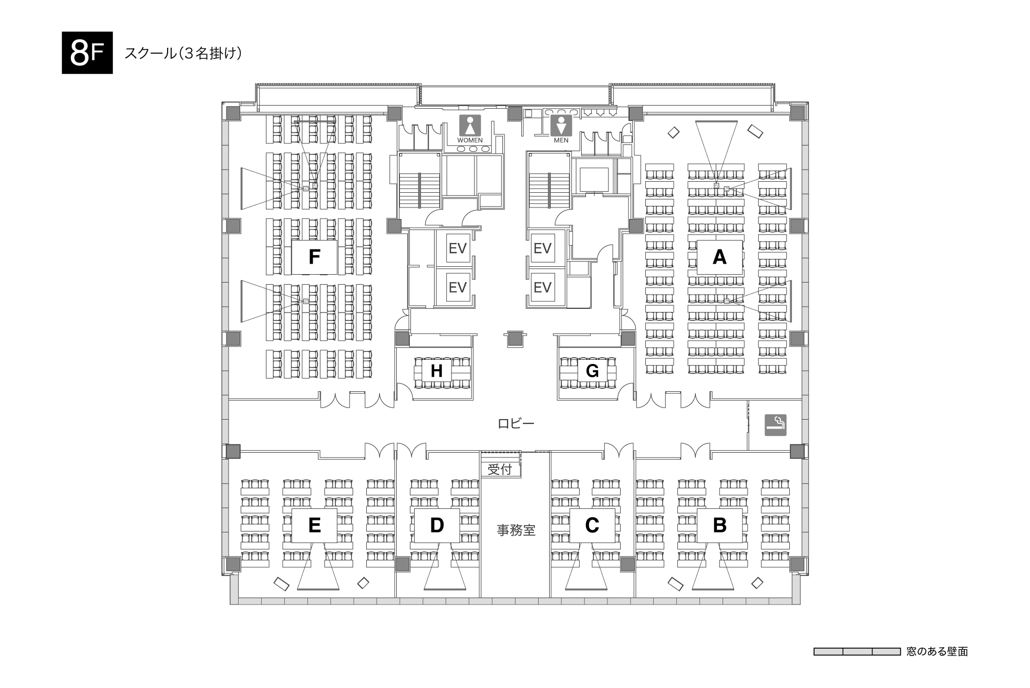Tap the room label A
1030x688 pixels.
point(719,257)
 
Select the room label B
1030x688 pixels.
point(719,525)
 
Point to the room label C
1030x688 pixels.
point(592,525)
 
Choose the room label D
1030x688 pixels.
point(437,525)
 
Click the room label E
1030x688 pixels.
point(314,525)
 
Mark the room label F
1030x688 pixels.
point(314,257)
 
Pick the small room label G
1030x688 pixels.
point(592,371)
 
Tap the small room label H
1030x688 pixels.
point(437,371)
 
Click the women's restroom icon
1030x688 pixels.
point(470,126)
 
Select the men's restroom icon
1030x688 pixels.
point(561,126)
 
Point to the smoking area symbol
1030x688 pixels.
point(776,424)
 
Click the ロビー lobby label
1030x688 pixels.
point(516,423)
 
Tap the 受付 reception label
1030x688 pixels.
point(500,469)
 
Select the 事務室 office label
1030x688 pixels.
point(516,530)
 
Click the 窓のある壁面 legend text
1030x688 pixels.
point(937,652)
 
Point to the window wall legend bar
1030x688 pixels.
point(857,652)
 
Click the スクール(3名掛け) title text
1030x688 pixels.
point(183,54)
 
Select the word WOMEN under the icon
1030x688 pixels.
point(470,141)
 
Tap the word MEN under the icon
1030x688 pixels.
point(561,141)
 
